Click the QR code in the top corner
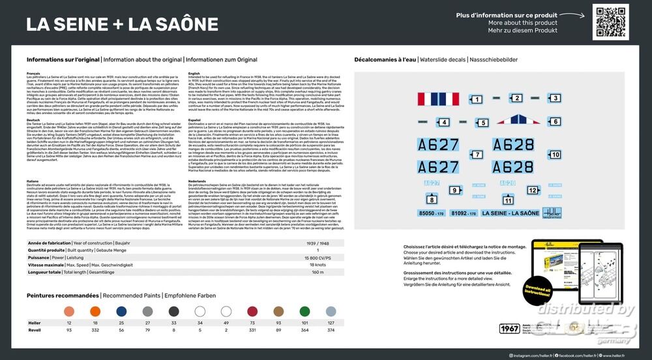(611, 22)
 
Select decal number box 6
(556, 121)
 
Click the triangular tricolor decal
(518, 119)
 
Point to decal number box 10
(555, 155)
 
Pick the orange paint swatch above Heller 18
(95, 311)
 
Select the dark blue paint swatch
(121, 311)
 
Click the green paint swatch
(304, 311)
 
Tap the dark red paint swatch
(252, 311)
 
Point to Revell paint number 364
(304, 331)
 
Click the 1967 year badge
(509, 328)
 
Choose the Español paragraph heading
(194, 119)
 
